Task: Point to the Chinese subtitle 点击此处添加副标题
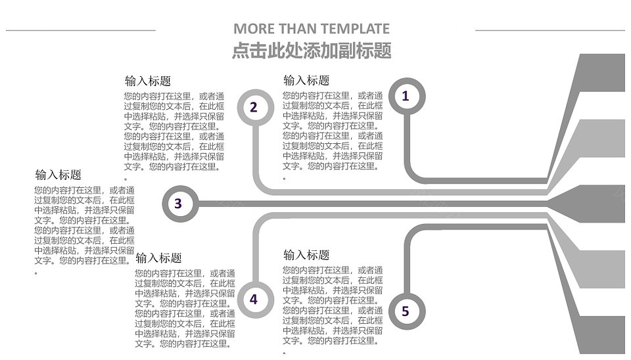(312, 51)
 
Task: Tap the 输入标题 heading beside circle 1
(306, 80)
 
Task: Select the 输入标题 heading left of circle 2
(148, 81)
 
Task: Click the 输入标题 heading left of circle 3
(58, 175)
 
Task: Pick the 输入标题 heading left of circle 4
(158, 258)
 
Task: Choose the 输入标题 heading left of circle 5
(306, 255)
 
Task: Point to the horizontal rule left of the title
(80, 30)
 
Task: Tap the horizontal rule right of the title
(550, 30)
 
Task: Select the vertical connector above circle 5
(407, 266)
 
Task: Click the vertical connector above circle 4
(255, 258)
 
